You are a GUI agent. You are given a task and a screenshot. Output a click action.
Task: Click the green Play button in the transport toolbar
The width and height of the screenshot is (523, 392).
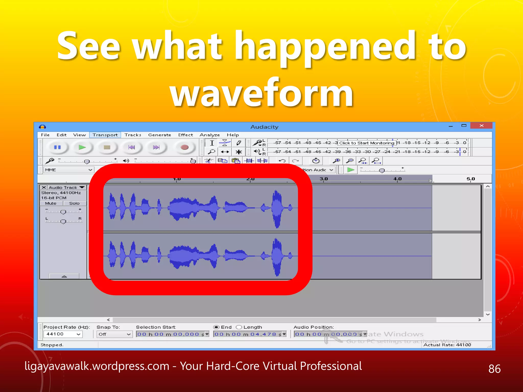[x=82, y=147]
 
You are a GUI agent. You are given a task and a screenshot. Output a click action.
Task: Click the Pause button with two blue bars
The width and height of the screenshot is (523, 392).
[x=57, y=147]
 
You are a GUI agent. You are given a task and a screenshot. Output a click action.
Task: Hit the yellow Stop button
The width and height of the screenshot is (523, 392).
[x=107, y=147]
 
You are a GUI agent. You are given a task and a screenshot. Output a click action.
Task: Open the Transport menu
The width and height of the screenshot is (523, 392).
[x=105, y=135]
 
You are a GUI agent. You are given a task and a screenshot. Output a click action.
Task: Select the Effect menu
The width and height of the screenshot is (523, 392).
[x=185, y=135]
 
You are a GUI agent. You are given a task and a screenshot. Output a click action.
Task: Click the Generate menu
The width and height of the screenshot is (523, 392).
[x=159, y=135]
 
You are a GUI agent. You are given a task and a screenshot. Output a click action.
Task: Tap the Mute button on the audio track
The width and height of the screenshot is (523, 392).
[x=51, y=203]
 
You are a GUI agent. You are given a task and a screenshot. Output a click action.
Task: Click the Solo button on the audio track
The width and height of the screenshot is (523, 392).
[x=74, y=203]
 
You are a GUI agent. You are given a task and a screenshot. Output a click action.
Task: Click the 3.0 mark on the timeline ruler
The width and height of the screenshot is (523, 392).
[x=324, y=179]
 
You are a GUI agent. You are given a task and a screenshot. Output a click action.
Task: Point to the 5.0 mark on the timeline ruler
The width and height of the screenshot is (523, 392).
[x=470, y=179]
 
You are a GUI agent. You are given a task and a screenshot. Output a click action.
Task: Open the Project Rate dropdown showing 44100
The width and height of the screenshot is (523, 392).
[x=63, y=334]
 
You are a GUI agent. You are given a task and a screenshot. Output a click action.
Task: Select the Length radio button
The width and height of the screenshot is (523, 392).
[x=239, y=327]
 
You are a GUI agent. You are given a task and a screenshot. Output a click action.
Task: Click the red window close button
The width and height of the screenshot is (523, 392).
[x=481, y=126]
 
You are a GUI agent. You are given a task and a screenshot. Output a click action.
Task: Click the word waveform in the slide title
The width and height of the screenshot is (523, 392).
[x=261, y=93]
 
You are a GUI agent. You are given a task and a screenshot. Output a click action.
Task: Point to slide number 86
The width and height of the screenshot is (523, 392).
[x=494, y=369]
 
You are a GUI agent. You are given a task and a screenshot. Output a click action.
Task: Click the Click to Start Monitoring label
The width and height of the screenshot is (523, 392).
[x=366, y=143]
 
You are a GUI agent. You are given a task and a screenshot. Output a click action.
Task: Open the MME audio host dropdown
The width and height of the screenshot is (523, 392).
[x=68, y=170]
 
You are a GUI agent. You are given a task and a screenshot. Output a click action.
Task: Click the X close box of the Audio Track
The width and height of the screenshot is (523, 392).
[x=44, y=187]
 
